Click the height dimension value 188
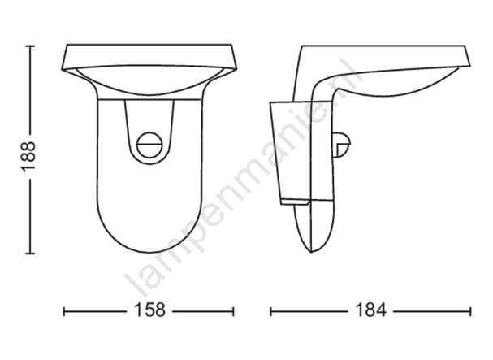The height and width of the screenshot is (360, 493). pyautogui.click(x=28, y=156)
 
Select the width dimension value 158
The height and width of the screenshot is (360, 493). pyautogui.click(x=150, y=310)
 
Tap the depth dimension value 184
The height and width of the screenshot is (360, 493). pyautogui.click(x=370, y=310)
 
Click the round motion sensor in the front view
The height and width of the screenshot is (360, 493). pyautogui.click(x=150, y=145)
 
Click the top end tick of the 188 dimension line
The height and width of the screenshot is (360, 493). pyautogui.click(x=30, y=46)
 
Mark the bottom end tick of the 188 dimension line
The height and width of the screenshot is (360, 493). pyautogui.click(x=30, y=253)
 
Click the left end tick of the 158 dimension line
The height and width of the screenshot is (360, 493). pyautogui.click(x=64, y=311)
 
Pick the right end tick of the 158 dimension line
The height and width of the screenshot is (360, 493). pyautogui.click(x=233, y=311)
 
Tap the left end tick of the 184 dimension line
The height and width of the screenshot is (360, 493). pyautogui.click(x=270, y=311)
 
